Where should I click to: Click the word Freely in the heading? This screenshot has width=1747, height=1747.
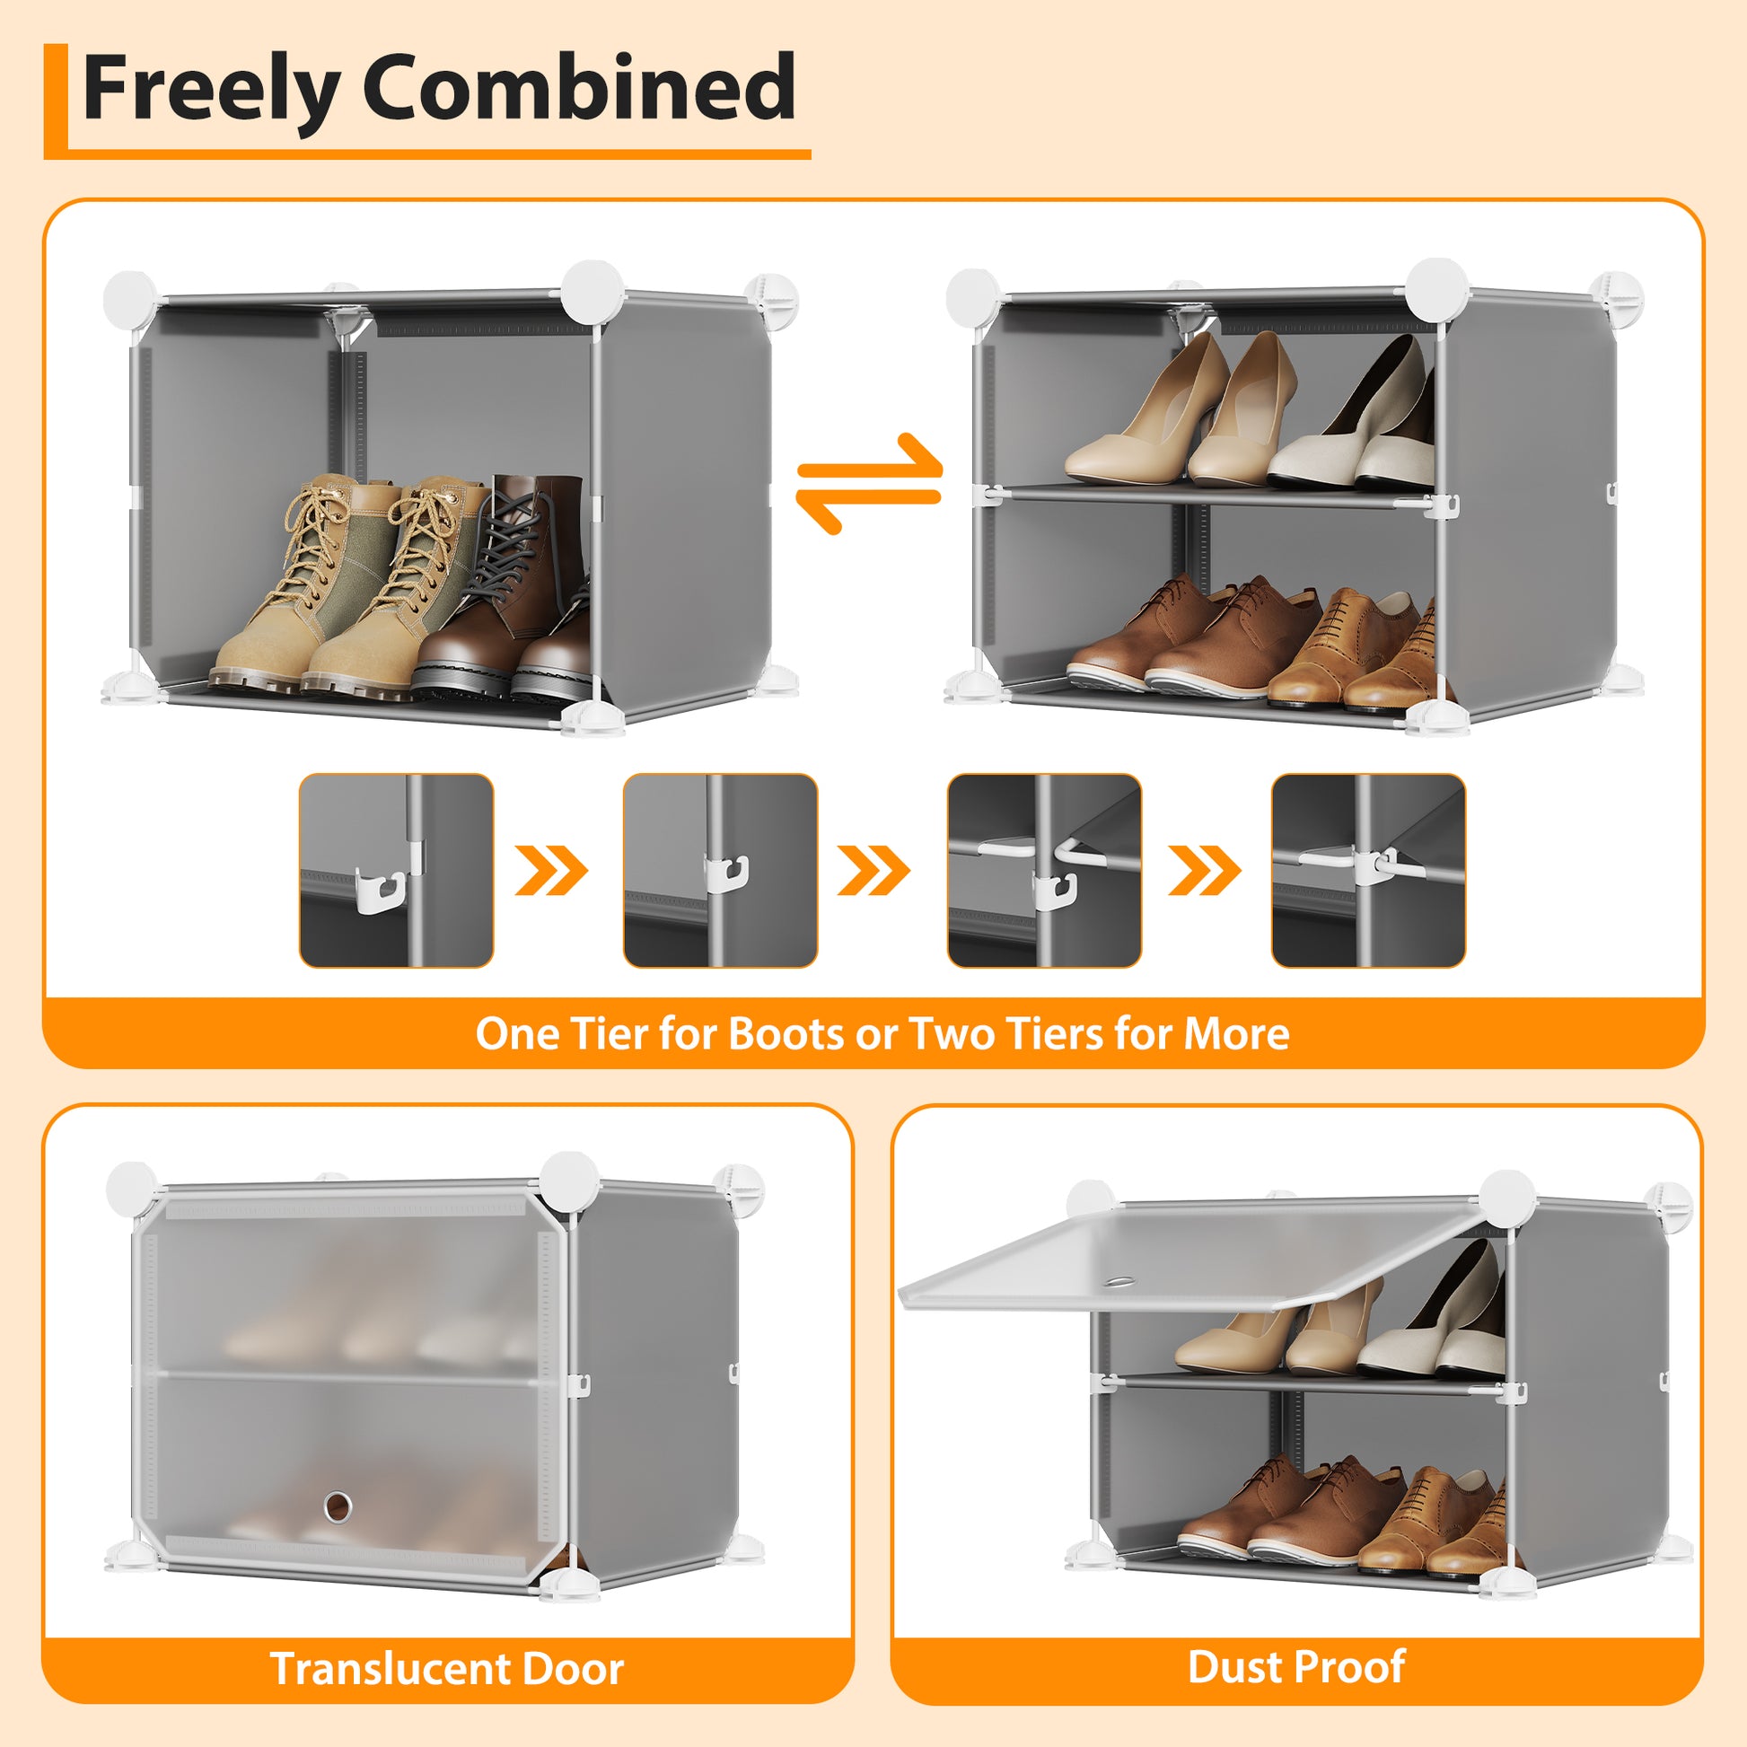[211, 90]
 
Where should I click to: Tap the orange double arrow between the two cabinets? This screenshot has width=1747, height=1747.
[869, 484]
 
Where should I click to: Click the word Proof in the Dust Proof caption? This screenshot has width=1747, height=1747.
[1352, 1666]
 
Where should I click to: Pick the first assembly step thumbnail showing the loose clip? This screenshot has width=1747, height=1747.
[396, 870]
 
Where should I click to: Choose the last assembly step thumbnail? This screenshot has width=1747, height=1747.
[1368, 870]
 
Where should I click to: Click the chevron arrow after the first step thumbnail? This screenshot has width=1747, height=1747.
[551, 871]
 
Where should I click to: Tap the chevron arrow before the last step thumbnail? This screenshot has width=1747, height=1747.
[1206, 871]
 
